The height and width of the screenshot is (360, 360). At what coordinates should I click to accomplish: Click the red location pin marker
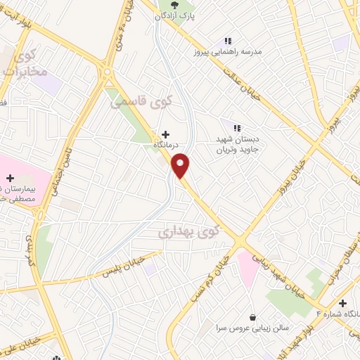[181, 165]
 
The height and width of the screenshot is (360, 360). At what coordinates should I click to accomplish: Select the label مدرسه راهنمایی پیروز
[226, 52]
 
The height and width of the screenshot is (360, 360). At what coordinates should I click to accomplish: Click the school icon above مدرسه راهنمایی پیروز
[227, 41]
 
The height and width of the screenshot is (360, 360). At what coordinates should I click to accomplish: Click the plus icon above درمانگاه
[165, 134]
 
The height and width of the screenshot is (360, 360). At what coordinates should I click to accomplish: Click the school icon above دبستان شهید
[238, 128]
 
